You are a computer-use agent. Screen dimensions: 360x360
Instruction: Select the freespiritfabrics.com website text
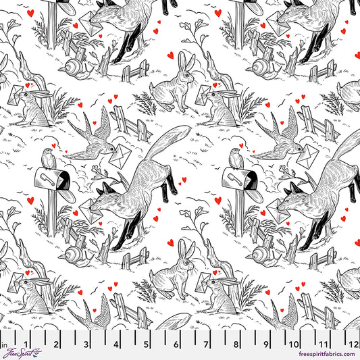(319, 355)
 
